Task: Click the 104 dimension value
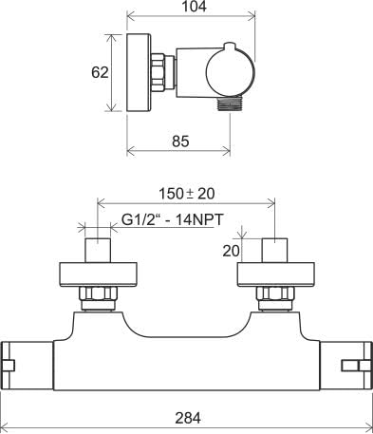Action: point(195,7)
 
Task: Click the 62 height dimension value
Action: point(100,73)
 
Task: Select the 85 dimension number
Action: point(180,142)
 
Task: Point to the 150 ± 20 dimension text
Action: point(186,194)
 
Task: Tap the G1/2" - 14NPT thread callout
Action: point(173,219)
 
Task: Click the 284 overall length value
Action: point(188,418)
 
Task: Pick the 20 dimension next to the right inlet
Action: point(232,251)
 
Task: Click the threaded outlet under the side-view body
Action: point(230,104)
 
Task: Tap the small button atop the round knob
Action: point(230,47)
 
